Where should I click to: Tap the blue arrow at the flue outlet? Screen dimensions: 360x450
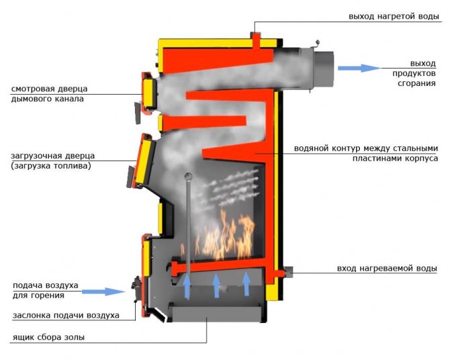click(359, 68)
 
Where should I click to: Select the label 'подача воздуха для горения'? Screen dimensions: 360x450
click(45, 289)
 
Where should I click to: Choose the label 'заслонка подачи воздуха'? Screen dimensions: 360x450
click(66, 315)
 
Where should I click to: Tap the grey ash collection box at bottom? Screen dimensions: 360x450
click(214, 312)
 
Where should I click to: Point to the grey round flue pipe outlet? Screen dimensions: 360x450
click(322, 68)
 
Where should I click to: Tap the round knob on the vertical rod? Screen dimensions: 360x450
click(189, 177)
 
